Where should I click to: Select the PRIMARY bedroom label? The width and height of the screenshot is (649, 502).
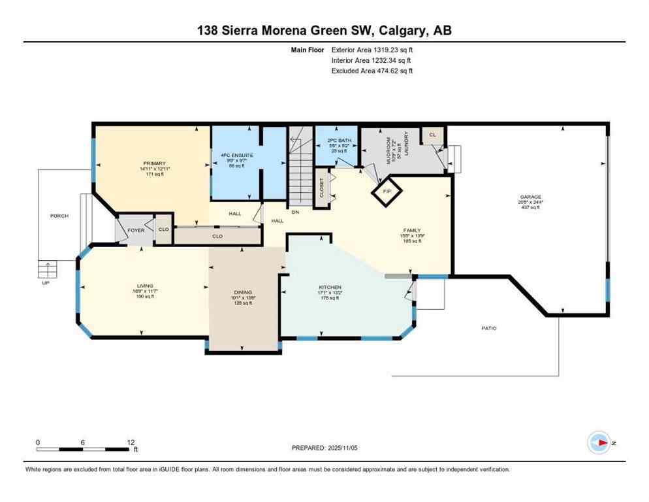pyautogui.click(x=155, y=163)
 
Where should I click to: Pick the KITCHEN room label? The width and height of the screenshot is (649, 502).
pyautogui.click(x=330, y=288)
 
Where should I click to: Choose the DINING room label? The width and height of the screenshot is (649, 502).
pyautogui.click(x=243, y=293)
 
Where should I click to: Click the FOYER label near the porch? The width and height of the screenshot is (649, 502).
pyautogui.click(x=135, y=229)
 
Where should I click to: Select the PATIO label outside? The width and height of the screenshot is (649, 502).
pyautogui.click(x=488, y=328)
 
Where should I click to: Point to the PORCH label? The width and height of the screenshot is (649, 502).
pyautogui.click(x=59, y=216)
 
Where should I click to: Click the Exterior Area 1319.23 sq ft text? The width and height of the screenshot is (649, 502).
pyautogui.click(x=372, y=49)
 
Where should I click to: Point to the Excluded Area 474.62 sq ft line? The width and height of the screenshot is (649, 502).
pyautogui.click(x=372, y=71)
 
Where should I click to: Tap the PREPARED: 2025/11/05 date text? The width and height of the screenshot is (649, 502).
pyautogui.click(x=324, y=448)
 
